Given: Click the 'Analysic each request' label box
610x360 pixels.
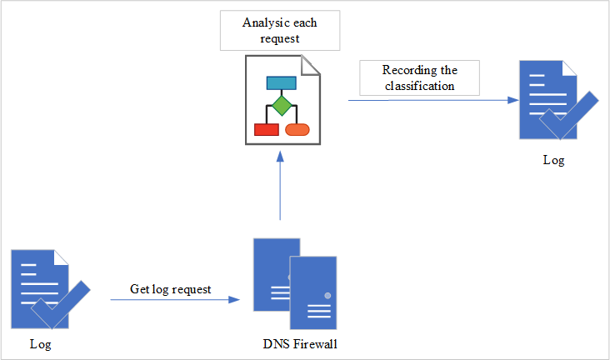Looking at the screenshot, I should point(280,31).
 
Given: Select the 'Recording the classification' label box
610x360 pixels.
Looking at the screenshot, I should point(419,77).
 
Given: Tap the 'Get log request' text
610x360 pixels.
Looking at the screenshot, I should point(171,289).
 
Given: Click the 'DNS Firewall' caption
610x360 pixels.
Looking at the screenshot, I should point(300,344).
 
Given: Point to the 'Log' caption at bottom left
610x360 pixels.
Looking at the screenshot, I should point(40,343).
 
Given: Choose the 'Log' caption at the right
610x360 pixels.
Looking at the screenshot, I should point(553,160).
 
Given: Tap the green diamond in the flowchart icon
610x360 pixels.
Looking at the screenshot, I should point(282,106).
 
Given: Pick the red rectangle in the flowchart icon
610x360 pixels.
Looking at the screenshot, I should point(266,129).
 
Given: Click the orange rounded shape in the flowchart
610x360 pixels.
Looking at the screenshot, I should point(297,129).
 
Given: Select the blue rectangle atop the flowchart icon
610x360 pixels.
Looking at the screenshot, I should point(282,82).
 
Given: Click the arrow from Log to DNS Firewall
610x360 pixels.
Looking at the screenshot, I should point(178,300).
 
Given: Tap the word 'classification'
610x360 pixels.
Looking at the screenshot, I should point(419,85).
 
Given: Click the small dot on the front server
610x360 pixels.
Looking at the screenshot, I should point(327,296).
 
